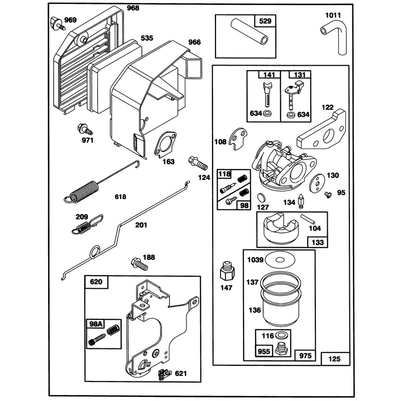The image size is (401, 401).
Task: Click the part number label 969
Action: click(70, 20)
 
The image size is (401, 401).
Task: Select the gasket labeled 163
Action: click(165, 145)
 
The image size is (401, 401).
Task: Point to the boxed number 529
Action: click(265, 21)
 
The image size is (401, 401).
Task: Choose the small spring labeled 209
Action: click(87, 225)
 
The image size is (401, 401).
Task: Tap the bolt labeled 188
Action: click(139, 264)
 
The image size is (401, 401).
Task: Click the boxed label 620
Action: click(96, 282)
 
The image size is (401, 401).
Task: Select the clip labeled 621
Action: click(165, 374)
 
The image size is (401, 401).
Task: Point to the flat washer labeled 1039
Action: click(280, 260)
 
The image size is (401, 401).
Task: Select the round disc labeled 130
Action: click(316, 182)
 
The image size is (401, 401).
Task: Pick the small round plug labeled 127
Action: click(261, 197)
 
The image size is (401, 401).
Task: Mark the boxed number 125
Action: click(334, 359)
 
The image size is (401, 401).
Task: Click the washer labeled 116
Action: click(282, 335)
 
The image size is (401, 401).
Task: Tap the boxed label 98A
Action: click(96, 324)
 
